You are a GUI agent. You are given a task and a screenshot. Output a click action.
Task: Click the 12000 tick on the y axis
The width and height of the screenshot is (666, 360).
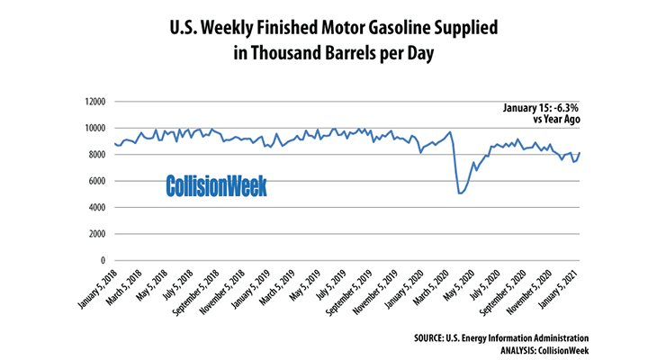click(92, 102)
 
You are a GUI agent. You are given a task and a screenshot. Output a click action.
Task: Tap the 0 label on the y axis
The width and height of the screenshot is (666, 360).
click(103, 260)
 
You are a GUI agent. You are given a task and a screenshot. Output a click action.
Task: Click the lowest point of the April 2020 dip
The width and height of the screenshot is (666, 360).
click(460, 193)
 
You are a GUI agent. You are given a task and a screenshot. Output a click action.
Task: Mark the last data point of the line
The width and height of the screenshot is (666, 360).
click(580, 153)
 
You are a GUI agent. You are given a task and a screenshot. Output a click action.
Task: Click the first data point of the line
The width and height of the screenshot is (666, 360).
click(114, 143)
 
